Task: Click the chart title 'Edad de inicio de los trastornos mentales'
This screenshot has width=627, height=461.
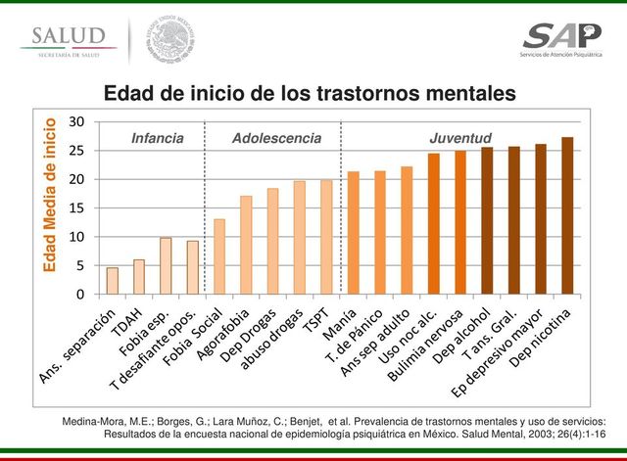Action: point(310,94)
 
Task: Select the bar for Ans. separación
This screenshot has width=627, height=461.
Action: point(113,281)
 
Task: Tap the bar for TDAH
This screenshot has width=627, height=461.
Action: point(139,277)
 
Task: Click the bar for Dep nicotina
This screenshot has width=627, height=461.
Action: point(567,216)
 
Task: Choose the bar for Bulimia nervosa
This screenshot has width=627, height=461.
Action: point(460,223)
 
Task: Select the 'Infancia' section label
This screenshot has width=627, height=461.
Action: point(157,138)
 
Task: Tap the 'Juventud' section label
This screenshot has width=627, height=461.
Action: point(460,138)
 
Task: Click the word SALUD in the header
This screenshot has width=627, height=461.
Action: point(66,35)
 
